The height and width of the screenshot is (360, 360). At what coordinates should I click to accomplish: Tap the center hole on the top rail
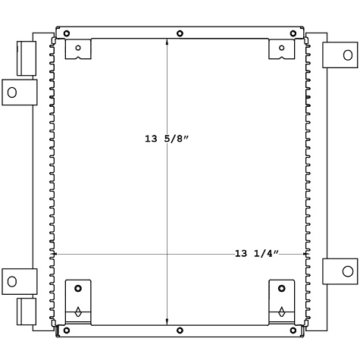tap(180, 33)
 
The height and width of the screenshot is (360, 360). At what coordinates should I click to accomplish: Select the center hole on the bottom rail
tap(180, 330)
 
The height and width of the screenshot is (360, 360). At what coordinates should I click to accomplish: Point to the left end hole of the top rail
tap(67, 33)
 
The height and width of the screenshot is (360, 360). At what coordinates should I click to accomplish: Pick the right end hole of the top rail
tap(293, 33)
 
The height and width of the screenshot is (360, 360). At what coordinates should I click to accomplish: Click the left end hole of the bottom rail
tap(67, 330)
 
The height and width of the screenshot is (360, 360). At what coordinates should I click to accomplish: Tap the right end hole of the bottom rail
tap(293, 330)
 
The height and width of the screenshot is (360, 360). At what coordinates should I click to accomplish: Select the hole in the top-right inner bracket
tap(281, 48)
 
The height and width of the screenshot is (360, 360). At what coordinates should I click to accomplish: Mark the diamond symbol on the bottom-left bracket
tap(78, 311)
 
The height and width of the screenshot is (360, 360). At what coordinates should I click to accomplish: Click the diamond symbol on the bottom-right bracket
tap(281, 311)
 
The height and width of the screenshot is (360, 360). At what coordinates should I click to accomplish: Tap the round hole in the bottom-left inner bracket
tap(78, 289)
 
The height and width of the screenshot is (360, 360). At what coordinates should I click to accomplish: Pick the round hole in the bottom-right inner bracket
tap(281, 289)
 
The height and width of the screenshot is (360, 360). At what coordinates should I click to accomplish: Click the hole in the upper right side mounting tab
tap(347, 55)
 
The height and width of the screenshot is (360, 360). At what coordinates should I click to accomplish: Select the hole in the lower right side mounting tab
tap(347, 271)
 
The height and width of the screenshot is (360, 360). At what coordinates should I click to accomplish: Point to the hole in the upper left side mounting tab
tap(11, 92)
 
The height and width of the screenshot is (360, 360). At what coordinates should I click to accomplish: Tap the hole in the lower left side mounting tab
tap(11, 282)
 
